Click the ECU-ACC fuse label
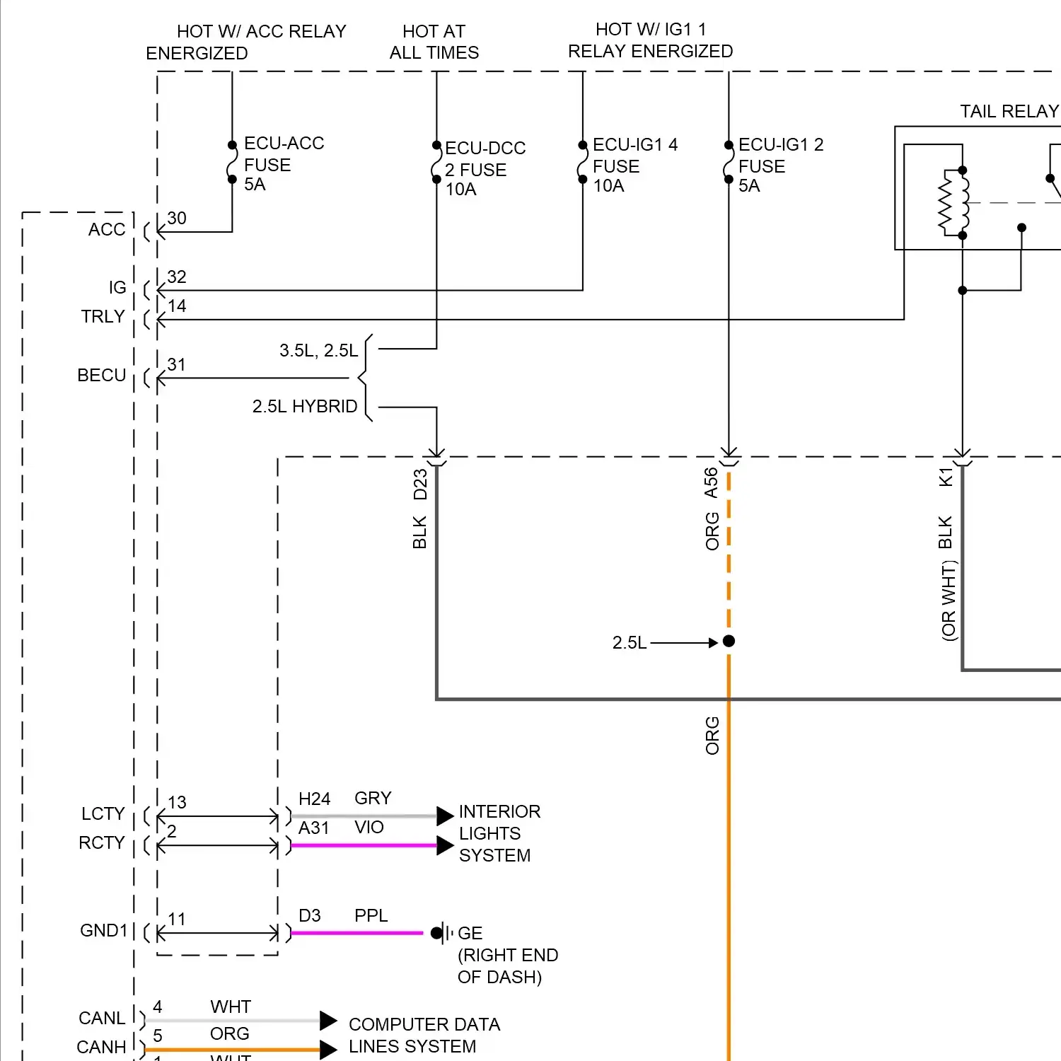point(284,164)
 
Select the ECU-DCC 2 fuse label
point(485,169)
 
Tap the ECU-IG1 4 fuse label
point(635,166)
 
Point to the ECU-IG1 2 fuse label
point(781,166)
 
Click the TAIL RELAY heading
point(1009,112)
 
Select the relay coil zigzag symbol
point(946,203)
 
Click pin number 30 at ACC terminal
point(177,218)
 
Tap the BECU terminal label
point(102,376)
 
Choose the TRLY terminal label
point(103,316)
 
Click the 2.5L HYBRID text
point(305,407)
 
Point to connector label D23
point(420,484)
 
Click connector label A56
point(711,482)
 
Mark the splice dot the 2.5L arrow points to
point(729,642)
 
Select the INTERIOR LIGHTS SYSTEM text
point(499,833)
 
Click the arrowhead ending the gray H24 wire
point(445,816)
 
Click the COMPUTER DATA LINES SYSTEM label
point(424,1036)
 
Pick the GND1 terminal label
point(103,930)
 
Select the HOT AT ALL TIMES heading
point(434,42)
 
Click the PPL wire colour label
point(371,916)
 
